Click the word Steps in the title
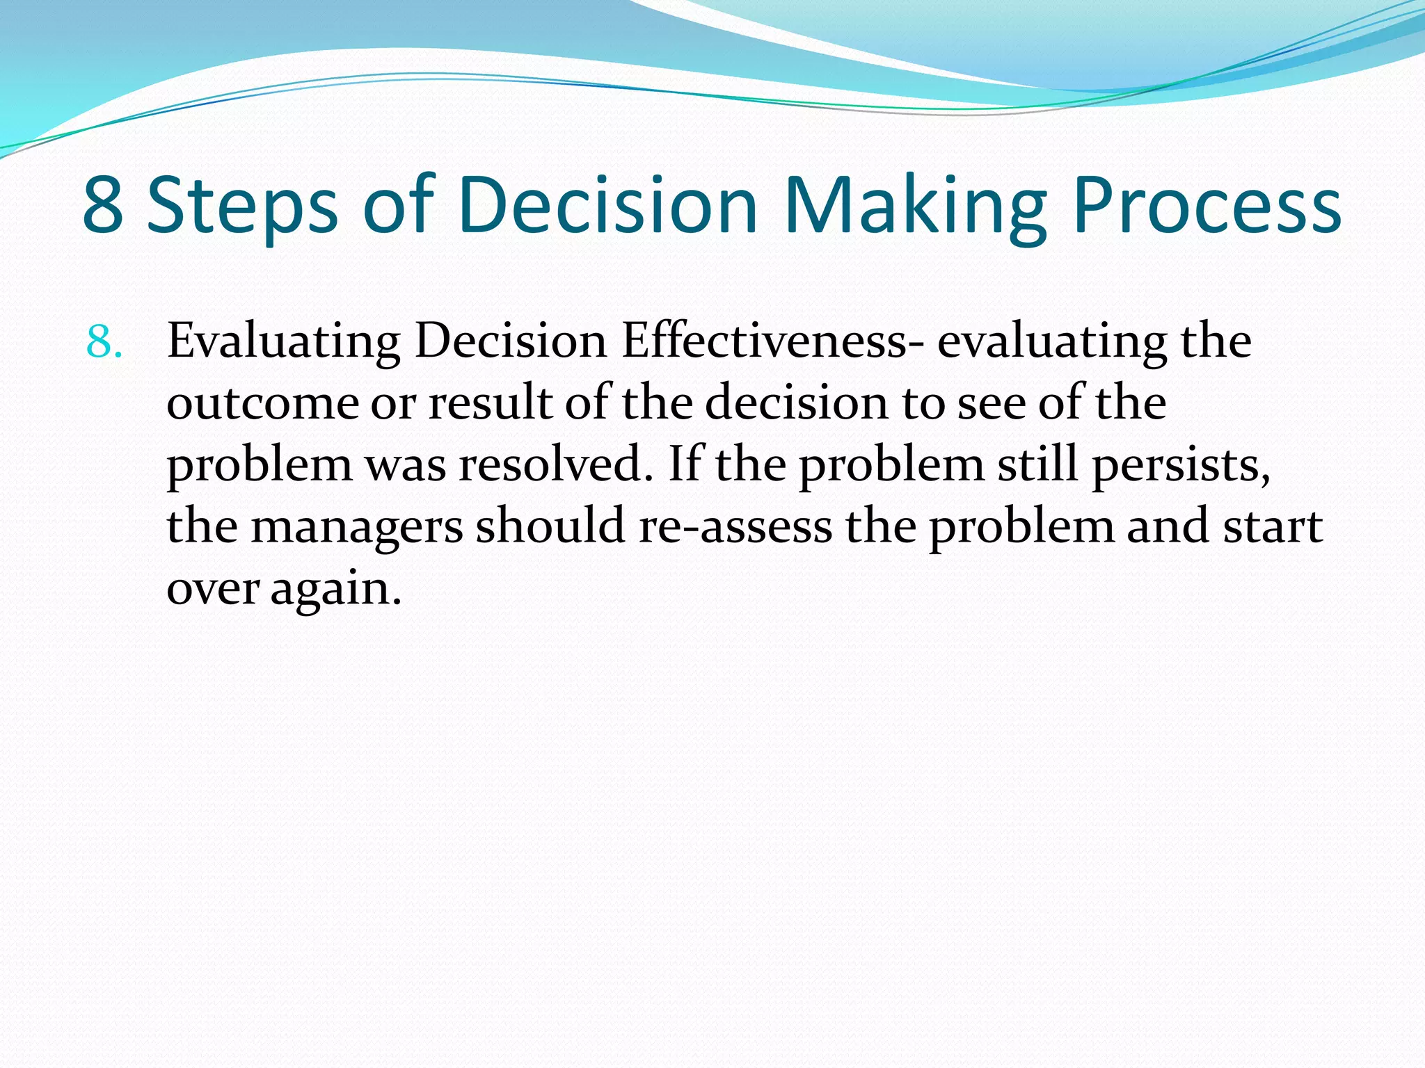click(242, 206)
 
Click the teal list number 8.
click(104, 342)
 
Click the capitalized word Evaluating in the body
click(284, 342)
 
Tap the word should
click(550, 526)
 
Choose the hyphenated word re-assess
click(735, 527)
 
